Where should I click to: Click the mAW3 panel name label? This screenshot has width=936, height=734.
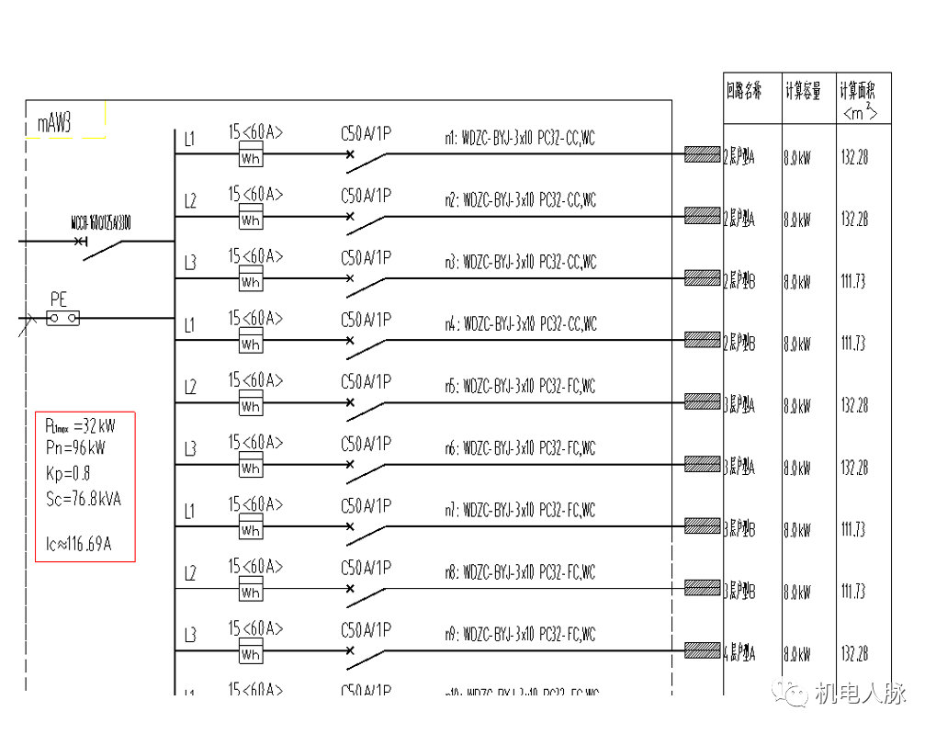[x=55, y=124]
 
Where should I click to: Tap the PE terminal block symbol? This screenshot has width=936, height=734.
[x=62, y=318]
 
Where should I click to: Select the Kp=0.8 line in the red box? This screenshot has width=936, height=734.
[x=67, y=474]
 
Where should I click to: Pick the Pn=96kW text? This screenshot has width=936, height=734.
[x=74, y=448]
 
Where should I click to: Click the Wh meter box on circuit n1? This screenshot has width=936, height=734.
[x=251, y=157]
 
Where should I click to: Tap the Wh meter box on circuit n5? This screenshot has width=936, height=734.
[x=251, y=405]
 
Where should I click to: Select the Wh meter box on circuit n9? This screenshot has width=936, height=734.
[x=251, y=654]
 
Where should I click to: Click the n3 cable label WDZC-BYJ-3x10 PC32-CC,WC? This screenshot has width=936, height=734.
[x=521, y=262]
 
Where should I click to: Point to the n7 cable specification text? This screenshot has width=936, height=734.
[x=521, y=510]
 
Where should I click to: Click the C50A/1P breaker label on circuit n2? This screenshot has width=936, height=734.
[x=366, y=195]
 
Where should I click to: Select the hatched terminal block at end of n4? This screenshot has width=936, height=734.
[x=703, y=340]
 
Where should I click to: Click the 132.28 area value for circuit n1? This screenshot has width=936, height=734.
[x=853, y=157]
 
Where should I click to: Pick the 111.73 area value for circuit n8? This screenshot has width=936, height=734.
[x=853, y=592]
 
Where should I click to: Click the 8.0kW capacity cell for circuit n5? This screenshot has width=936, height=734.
[x=797, y=406]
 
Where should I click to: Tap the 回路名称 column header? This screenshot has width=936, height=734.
[x=744, y=91]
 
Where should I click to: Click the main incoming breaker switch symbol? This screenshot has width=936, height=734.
[x=101, y=246]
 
